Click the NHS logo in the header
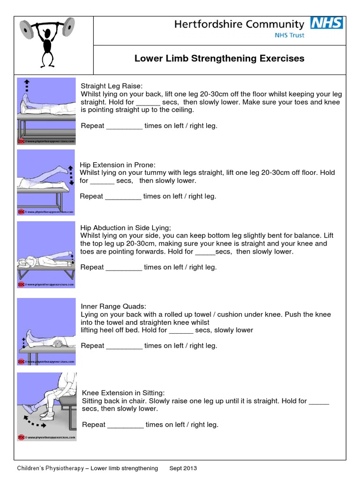(327, 23)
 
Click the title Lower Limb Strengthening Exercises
(219, 59)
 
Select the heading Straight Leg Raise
(111, 86)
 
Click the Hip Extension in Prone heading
(117, 165)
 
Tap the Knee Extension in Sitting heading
(123, 393)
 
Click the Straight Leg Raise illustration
(46, 111)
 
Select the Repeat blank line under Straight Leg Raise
(124, 126)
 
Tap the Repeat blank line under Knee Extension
(126, 425)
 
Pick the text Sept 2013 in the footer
(183, 468)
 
